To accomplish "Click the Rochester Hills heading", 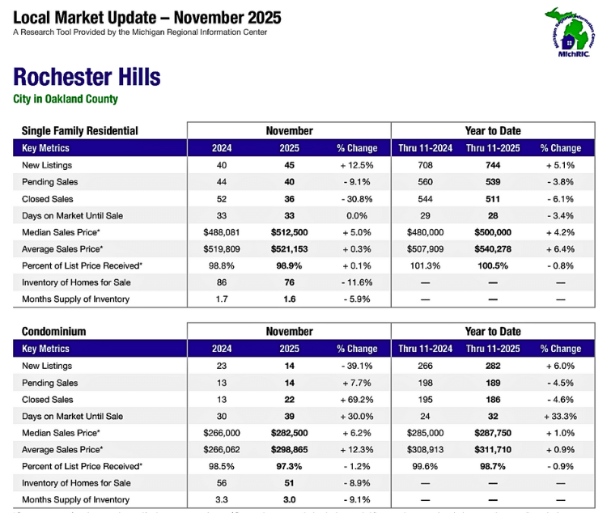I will click(87, 78).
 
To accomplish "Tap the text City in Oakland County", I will click(66, 100).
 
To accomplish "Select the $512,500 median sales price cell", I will click(289, 232).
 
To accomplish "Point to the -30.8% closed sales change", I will click(357, 199).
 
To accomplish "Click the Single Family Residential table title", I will click(79, 131).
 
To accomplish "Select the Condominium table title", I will click(53, 332).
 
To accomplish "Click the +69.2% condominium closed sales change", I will click(357, 400).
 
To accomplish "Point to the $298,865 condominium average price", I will click(289, 449).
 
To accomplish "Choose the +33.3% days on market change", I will click(561, 417).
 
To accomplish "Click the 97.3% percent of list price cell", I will click(289, 466).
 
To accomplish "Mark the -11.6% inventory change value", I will click(357, 282).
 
